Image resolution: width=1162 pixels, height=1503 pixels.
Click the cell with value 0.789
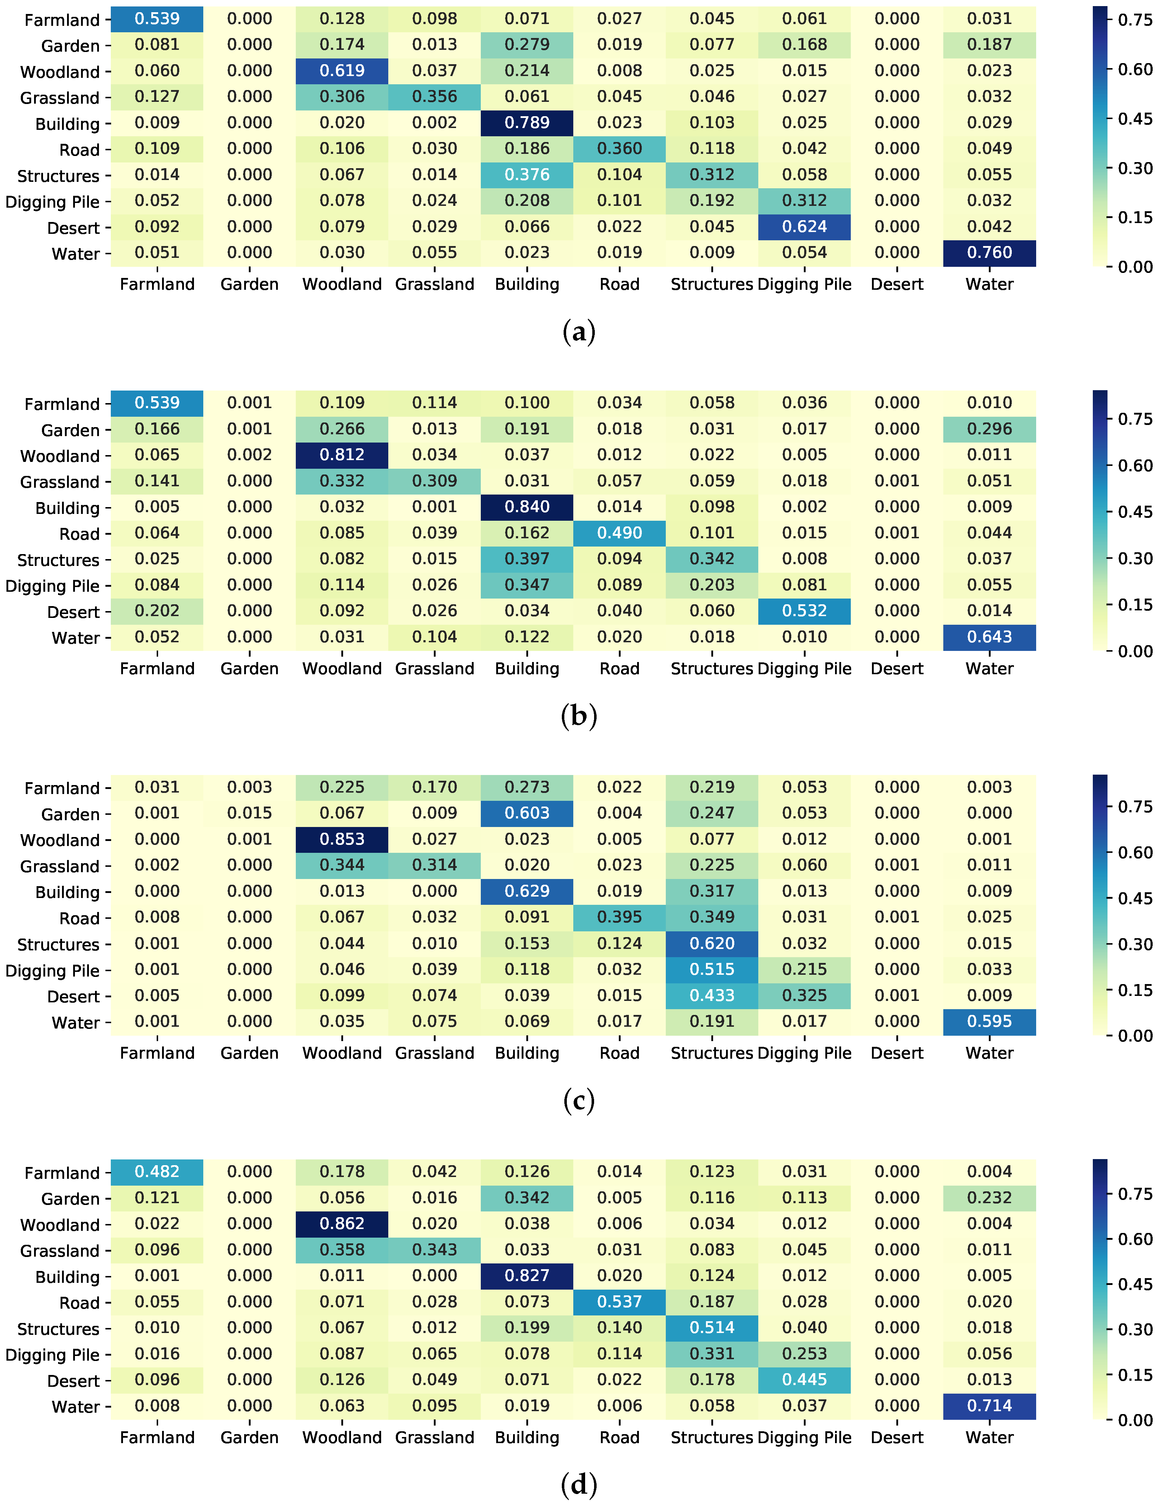(x=527, y=123)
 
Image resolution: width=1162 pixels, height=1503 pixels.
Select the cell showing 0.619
(x=342, y=71)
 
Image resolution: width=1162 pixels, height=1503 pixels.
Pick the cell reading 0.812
(x=342, y=455)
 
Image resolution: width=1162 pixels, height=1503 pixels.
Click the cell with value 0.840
(x=527, y=507)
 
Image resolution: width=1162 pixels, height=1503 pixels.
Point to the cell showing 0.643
(x=989, y=637)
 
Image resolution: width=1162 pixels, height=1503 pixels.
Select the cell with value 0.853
(x=342, y=840)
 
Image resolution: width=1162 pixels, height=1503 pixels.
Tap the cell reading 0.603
(x=527, y=813)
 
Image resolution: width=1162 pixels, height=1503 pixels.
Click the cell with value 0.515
(x=712, y=970)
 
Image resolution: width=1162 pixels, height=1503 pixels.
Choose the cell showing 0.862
(x=342, y=1224)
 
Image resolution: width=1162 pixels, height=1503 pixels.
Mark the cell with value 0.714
(x=989, y=1406)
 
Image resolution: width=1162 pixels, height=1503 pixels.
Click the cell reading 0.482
(x=157, y=1172)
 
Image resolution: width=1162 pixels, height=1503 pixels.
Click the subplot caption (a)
(x=579, y=332)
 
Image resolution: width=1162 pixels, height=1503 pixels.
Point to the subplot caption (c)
(x=579, y=1100)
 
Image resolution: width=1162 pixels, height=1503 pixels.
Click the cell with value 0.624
(x=804, y=227)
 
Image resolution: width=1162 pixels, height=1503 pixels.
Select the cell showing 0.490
(x=619, y=533)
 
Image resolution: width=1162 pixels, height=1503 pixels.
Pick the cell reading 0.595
(x=989, y=1022)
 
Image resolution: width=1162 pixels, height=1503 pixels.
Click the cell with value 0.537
(x=619, y=1302)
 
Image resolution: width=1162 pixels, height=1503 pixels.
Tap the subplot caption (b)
(x=579, y=716)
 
